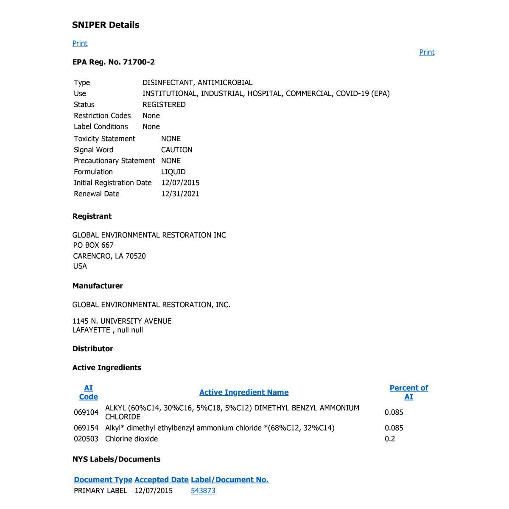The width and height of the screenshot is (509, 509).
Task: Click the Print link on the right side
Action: coord(427,52)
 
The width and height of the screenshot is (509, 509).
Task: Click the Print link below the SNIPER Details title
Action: coord(80,43)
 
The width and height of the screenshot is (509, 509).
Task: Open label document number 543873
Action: coord(203,491)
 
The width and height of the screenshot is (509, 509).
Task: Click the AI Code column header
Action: coord(88,392)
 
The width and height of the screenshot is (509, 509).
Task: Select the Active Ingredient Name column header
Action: coord(244,392)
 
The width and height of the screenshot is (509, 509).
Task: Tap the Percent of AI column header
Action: coord(408,392)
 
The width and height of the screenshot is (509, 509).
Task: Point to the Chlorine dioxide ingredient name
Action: coord(131,439)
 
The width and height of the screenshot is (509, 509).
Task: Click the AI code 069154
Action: coord(86,428)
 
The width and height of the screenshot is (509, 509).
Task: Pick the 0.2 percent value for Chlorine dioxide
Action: coord(390,439)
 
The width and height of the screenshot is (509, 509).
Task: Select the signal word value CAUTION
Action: coord(176,150)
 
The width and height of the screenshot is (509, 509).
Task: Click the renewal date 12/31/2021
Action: coord(180,194)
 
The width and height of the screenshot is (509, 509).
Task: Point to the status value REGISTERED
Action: coord(164,105)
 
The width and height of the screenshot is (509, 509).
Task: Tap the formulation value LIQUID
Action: coord(173,172)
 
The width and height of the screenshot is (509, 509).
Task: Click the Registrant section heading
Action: coord(92,216)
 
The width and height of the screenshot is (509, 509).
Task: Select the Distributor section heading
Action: coord(92,349)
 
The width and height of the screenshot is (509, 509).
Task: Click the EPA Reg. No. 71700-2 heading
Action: coord(114,62)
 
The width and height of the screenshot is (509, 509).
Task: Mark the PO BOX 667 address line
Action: coord(93,245)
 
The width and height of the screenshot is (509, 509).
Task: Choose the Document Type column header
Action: coord(103,480)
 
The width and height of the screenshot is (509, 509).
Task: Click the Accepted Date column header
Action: coord(161,480)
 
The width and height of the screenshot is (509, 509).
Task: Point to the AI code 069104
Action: coord(86,412)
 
